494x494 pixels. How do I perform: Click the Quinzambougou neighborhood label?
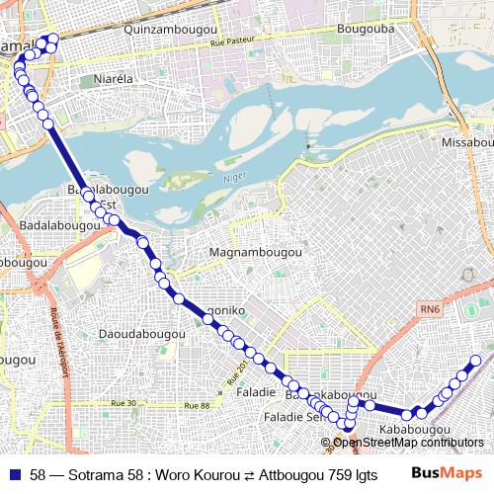(169, 31)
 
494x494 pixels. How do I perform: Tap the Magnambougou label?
(256, 253)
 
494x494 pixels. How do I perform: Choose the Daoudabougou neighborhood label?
(142, 335)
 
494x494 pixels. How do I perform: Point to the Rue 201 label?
(238, 374)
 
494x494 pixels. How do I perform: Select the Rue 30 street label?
(125, 403)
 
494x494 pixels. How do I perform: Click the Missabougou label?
(466, 143)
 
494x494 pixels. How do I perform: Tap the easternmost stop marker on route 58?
(476, 362)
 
